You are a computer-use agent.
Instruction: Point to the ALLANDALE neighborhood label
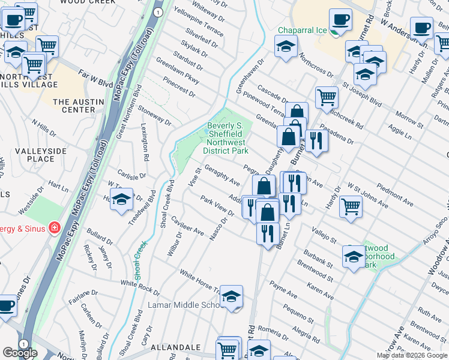(175, 347)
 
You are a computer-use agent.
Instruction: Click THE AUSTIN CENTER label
(74, 106)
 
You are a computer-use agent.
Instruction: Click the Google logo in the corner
(20, 353)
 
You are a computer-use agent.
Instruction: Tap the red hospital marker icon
(54, 227)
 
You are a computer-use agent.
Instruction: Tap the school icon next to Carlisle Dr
(122, 200)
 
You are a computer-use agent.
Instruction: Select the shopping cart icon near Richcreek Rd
(327, 96)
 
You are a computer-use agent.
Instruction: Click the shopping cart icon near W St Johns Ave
(351, 206)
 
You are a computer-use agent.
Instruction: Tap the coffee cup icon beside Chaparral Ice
(340, 19)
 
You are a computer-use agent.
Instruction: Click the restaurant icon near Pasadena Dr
(316, 140)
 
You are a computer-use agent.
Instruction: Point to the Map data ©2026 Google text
(412, 355)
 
